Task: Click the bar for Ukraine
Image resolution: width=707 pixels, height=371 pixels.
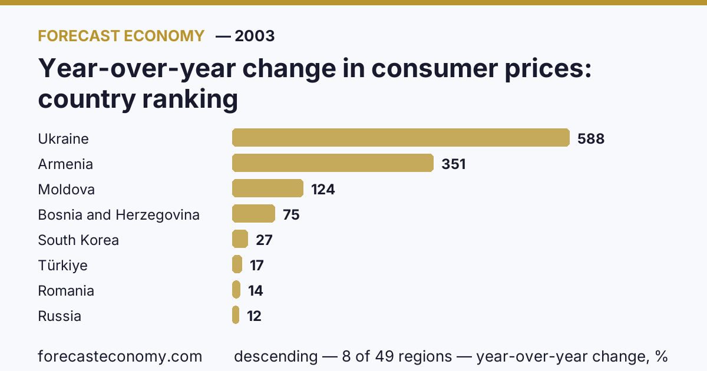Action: click(401, 138)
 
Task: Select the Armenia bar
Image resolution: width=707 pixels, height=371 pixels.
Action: click(333, 163)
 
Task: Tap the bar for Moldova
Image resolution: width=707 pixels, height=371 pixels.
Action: click(267, 188)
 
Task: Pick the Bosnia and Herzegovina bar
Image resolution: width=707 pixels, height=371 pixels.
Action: click(253, 214)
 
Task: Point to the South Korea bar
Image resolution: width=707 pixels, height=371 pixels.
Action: click(240, 239)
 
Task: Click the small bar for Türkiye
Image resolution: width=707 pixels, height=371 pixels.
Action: click(237, 264)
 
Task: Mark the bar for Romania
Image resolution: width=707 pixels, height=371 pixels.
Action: click(236, 290)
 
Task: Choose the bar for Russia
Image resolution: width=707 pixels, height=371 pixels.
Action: click(236, 315)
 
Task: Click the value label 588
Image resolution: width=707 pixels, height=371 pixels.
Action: click(591, 139)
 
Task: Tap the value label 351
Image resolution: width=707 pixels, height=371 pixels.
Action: click(454, 164)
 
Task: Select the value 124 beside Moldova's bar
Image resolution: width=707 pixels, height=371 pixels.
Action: click(323, 190)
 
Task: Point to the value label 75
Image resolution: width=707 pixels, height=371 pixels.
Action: click(291, 215)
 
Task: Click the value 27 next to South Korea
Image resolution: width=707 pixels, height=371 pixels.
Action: click(264, 240)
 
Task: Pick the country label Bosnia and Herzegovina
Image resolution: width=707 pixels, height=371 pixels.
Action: click(118, 215)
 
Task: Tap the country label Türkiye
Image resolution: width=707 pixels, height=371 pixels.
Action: click(62, 266)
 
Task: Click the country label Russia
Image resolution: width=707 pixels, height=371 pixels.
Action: click(60, 316)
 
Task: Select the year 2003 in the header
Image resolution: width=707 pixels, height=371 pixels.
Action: click(255, 36)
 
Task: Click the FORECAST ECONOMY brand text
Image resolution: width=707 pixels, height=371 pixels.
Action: click(121, 36)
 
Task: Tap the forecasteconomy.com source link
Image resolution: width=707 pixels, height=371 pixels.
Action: click(120, 356)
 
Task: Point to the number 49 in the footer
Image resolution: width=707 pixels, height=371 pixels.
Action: click(384, 356)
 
